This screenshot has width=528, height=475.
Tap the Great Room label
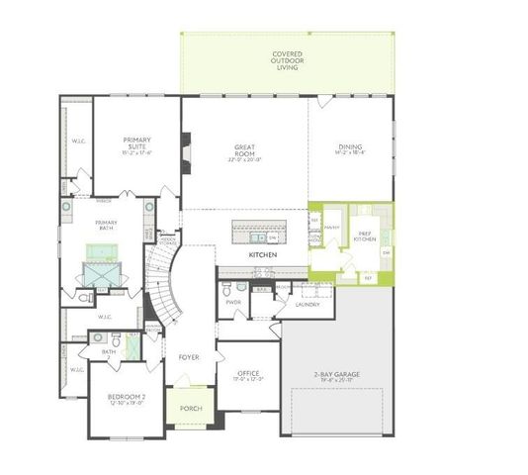243,151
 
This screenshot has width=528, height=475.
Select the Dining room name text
351,147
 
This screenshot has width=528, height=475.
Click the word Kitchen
262,255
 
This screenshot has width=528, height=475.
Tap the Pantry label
331,228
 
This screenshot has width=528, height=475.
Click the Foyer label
188,357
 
